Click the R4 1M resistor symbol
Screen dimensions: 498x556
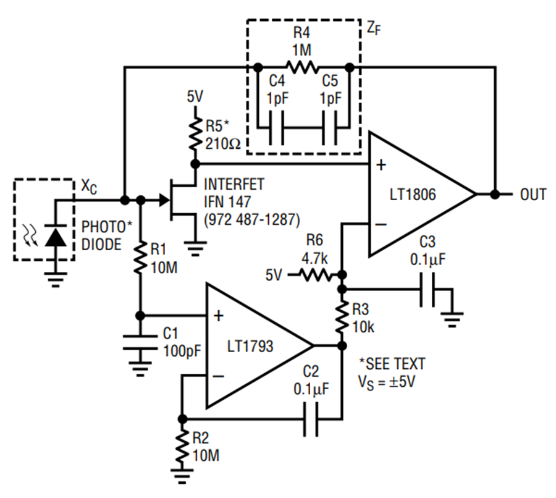[x=303, y=66]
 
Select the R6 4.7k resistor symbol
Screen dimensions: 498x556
[x=316, y=273]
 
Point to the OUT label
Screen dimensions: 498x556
[x=533, y=195]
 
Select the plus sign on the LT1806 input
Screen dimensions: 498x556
[x=381, y=165]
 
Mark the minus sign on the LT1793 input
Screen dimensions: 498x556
[x=217, y=375]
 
